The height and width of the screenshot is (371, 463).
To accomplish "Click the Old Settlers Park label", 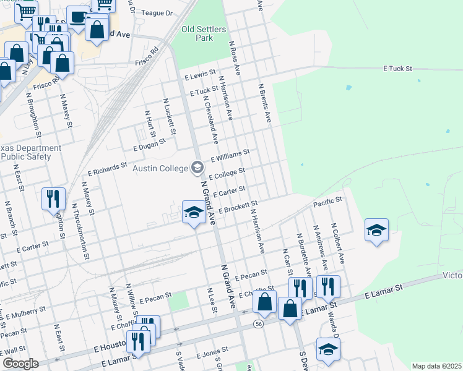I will point(204,33).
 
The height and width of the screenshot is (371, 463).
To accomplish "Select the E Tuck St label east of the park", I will point(397,68).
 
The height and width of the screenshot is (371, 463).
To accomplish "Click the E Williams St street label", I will point(230,155).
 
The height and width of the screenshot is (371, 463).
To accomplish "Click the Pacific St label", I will point(327,202).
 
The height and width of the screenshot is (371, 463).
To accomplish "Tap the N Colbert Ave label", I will point(337,243).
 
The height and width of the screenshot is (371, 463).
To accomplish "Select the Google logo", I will point(20,364).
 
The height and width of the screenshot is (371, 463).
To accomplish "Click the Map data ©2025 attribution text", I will point(436,366).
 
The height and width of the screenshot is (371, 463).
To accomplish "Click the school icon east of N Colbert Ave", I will point(376,230).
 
